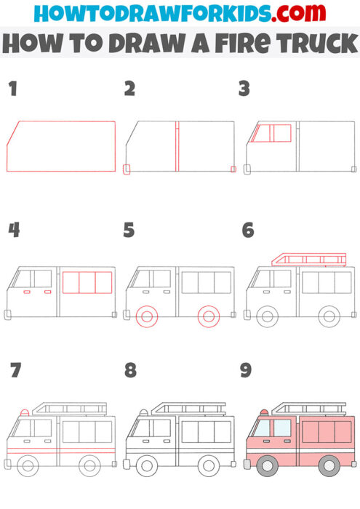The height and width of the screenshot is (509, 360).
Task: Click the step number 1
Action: coord(12,89)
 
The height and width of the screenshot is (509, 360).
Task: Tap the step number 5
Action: coord(129,231)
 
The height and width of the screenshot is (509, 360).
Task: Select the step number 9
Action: coord(246,371)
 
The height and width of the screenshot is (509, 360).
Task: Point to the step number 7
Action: coord(15,371)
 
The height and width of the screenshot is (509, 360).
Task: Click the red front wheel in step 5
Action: coord(147,316)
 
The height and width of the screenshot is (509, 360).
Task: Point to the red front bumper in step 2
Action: coord(127,169)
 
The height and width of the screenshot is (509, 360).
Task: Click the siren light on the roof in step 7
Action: coord(25,413)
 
